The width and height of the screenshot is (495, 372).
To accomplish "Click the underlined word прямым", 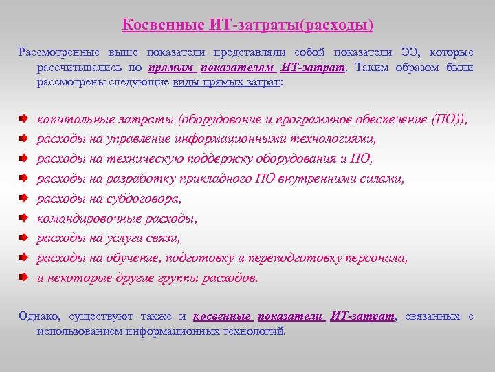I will point(171,68).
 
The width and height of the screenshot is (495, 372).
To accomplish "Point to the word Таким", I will point(371,68).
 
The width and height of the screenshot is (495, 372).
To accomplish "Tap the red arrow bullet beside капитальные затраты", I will point(24,119).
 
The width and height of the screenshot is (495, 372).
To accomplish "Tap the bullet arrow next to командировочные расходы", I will point(24,219).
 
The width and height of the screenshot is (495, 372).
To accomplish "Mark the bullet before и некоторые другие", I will point(24,279).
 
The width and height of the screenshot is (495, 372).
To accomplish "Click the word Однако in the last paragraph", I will point(39,316).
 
